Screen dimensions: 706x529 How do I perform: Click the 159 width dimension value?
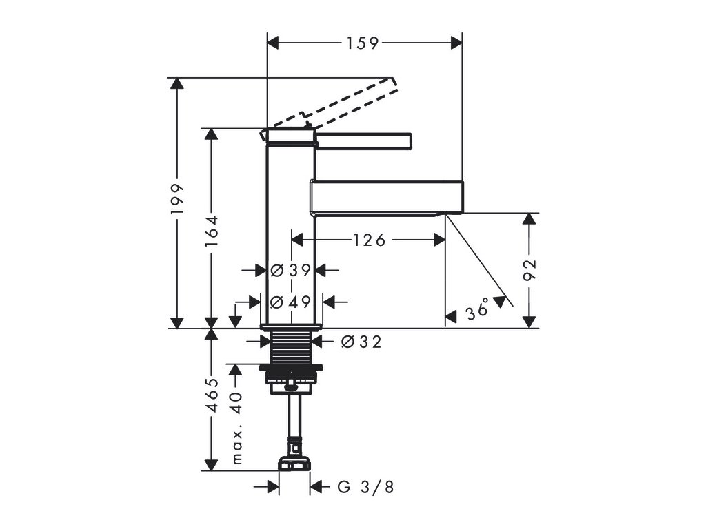pyautogui.click(x=363, y=43)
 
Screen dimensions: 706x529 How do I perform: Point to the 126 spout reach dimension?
pyautogui.click(x=368, y=240)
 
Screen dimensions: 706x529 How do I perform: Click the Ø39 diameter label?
pyautogui.click(x=290, y=271)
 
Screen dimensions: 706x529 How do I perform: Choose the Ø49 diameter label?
pyautogui.click(x=290, y=302)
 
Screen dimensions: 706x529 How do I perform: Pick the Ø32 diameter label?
pyautogui.click(x=361, y=341)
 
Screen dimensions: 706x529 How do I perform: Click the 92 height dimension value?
pyautogui.click(x=529, y=270)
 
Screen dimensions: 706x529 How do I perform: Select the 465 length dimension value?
pyautogui.click(x=211, y=395)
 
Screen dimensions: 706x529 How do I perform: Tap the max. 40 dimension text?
pyautogui.click(x=238, y=427)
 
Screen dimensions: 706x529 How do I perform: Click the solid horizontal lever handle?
pyautogui.click(x=364, y=141)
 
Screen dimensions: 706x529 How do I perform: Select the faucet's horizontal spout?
pyautogui.click(x=386, y=196)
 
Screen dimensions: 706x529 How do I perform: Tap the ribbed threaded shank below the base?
pyautogui.click(x=290, y=348)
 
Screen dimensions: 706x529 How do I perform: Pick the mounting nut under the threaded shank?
pyautogui.click(x=292, y=376)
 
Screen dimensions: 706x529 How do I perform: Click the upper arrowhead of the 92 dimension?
pyautogui.click(x=529, y=218)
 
